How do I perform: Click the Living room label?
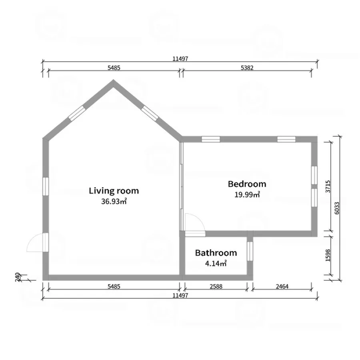click(114, 191)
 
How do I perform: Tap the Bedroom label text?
click(247, 184)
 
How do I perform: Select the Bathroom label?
click(216, 253)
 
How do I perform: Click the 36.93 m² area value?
click(114, 201)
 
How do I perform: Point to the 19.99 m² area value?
click(247, 194)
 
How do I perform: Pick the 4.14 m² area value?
click(216, 263)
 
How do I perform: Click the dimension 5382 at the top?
click(247, 68)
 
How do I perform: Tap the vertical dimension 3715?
click(328, 186)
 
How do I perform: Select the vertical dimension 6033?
click(337, 208)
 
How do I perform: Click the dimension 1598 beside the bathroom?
click(328, 255)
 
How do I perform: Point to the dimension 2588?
click(216, 286)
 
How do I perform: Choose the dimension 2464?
click(282, 286)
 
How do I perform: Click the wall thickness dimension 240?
click(18, 277)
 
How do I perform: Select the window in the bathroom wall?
click(250, 251)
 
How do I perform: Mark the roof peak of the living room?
click(113, 80)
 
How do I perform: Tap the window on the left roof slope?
click(77, 114)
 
